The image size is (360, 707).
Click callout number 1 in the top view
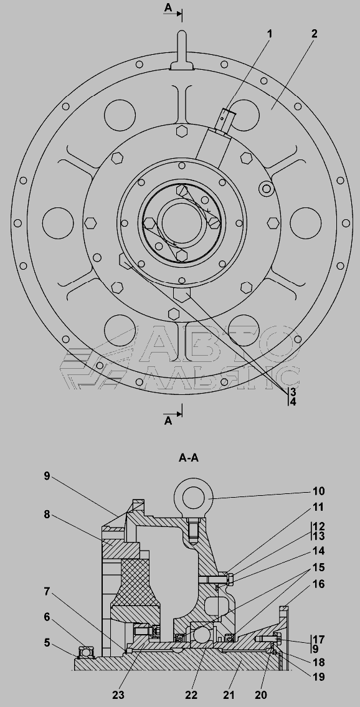click(270, 34)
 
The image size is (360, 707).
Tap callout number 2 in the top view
click(314, 34)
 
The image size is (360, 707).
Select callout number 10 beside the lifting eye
click(318, 491)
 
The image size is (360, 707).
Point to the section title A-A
click(188, 458)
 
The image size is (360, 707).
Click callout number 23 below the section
click(118, 695)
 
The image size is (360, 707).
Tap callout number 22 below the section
click(191, 695)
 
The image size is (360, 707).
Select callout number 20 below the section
click(262, 695)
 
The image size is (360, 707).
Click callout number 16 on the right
click(318, 584)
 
